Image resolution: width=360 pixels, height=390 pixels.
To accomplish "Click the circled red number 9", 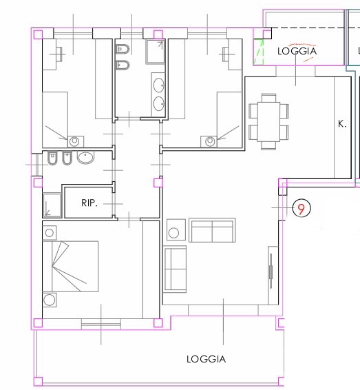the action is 301,208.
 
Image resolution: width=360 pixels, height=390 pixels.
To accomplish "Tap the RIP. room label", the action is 89,203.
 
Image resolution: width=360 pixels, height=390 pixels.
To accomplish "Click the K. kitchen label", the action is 342,124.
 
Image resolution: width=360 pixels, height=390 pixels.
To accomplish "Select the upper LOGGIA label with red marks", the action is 297,51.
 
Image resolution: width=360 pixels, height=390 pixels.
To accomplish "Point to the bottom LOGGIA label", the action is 207,359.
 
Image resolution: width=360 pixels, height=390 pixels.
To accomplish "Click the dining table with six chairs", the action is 268,122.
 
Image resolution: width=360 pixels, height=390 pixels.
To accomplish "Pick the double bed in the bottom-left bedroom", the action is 70,267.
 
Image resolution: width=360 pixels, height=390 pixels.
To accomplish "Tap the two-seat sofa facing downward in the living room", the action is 212,230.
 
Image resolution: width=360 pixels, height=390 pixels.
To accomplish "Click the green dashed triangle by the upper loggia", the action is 258,52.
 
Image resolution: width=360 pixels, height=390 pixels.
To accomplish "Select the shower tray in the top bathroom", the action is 156,52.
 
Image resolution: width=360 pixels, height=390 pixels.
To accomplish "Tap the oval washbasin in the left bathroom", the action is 86,157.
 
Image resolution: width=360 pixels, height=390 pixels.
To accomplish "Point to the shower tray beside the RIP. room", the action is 52,205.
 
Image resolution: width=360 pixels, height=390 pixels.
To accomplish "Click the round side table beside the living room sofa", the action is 176,230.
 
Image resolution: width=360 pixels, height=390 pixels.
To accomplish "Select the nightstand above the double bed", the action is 50,233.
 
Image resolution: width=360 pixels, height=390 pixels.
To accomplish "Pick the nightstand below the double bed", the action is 50,300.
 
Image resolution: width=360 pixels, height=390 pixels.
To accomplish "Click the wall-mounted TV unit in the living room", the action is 273,276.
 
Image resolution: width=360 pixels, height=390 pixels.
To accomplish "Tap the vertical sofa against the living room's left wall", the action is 175,269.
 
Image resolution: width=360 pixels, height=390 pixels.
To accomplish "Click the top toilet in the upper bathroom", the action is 123,49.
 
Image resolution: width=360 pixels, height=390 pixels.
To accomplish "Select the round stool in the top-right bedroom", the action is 209,141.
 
